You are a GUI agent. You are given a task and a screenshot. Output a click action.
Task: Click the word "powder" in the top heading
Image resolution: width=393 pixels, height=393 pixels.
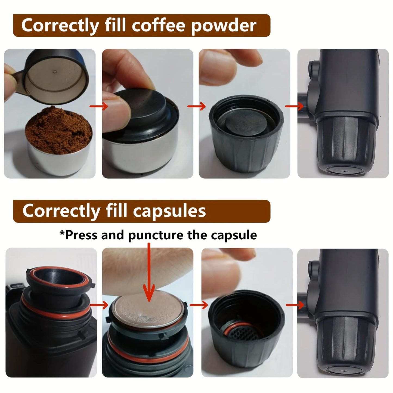pyautogui.click(x=224, y=26)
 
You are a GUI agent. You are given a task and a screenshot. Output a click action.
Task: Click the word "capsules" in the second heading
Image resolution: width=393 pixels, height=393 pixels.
pyautogui.click(x=169, y=211)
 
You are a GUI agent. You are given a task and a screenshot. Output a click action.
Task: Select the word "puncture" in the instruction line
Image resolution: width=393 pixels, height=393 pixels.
pyautogui.click(x=156, y=235)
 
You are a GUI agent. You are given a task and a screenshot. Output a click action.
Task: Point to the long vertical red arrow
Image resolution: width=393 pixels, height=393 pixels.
pyautogui.click(x=149, y=272)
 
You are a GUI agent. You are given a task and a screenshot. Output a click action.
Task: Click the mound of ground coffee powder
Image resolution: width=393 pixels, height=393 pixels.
pyautogui.click(x=58, y=130)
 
